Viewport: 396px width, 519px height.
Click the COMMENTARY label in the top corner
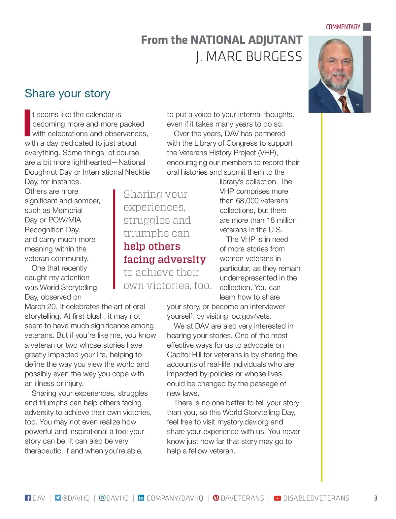(343, 27)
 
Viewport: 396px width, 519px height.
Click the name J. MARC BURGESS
(249, 57)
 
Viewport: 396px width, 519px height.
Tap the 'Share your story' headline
(67, 93)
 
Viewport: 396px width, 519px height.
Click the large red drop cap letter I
(27, 123)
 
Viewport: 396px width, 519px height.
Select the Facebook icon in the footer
(28, 498)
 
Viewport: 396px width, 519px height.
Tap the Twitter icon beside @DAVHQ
(58, 498)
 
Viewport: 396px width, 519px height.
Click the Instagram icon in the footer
(102, 498)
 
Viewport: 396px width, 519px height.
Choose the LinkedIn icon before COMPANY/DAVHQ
(141, 498)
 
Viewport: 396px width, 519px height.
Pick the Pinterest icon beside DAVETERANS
(216, 498)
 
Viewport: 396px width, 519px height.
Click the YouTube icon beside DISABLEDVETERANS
(278, 498)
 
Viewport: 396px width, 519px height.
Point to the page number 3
(376, 498)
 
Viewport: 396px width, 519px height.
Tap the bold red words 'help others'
(152, 246)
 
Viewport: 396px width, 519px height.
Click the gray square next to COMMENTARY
(367, 27)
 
